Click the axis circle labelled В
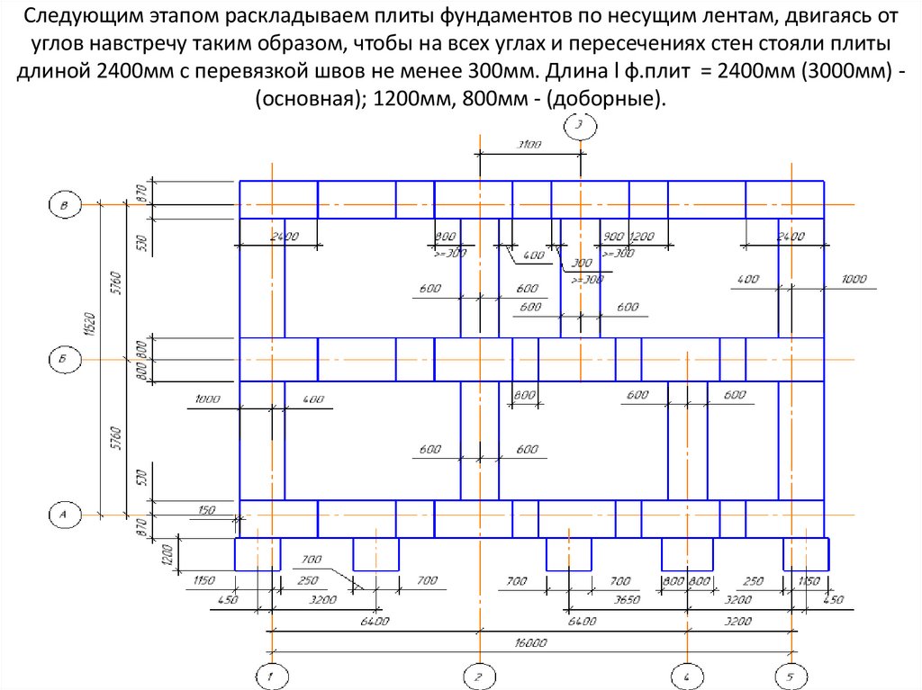coord(64,206)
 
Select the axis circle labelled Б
coord(64,360)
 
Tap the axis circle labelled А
coord(64,515)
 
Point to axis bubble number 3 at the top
coord(580,127)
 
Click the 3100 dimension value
coord(529,145)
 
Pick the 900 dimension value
coord(615,236)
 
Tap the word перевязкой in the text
coord(276,71)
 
